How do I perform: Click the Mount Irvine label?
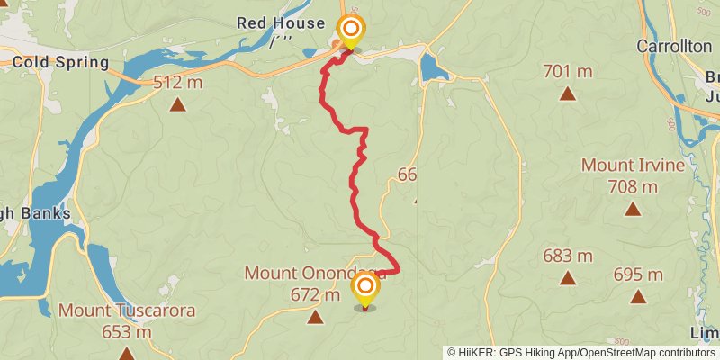(633, 166)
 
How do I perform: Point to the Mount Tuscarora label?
(127, 310)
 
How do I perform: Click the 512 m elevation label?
(179, 83)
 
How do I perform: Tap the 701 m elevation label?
(568, 70)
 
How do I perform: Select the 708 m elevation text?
(633, 187)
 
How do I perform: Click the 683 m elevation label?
(568, 256)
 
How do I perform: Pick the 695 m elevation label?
(638, 274)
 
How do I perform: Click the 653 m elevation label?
(127, 332)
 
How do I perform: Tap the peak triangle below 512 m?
(179, 105)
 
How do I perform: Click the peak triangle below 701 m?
(568, 93)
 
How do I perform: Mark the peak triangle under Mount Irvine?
(633, 210)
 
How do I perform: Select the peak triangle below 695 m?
(638, 296)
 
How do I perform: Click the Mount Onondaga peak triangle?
(315, 317)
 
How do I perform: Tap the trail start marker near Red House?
(349, 29)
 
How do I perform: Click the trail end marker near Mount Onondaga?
(365, 289)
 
